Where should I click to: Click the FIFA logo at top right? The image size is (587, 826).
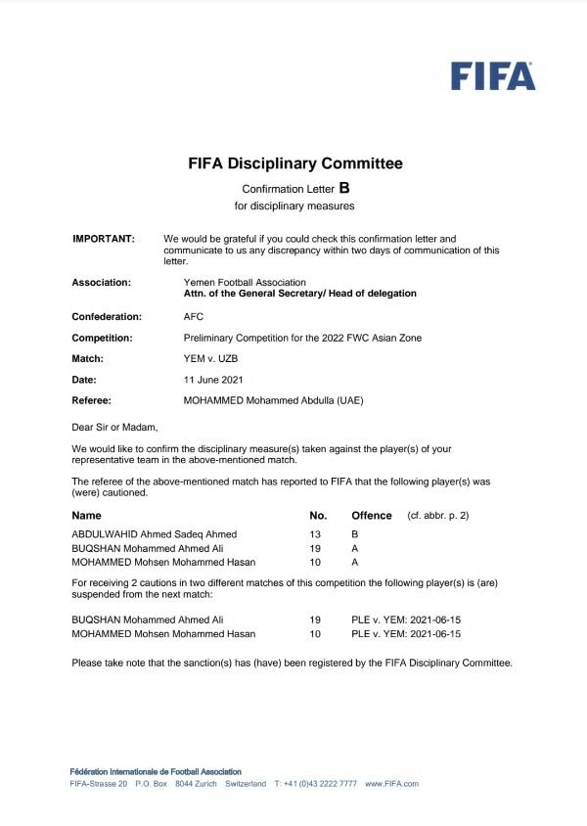[493, 75]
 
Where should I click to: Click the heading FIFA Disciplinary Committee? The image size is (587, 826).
[295, 164]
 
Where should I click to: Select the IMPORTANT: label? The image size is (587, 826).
[104, 239]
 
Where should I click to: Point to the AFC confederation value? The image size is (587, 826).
[194, 317]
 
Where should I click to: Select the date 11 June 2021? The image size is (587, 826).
[213, 379]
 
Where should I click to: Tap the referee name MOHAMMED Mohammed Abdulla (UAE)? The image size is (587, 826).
[281, 400]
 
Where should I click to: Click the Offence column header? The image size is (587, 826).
[372, 515]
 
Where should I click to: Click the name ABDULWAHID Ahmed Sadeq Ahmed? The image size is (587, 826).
[155, 534]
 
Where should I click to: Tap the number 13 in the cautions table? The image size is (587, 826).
[315, 534]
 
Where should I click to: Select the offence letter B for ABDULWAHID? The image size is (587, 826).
[356, 534]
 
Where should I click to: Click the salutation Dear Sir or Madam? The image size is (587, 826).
[114, 427]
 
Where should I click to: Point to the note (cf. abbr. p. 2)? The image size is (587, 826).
[438, 515]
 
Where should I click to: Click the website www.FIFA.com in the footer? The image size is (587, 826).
[391, 784]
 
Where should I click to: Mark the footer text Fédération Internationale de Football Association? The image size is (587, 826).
[156, 772]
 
